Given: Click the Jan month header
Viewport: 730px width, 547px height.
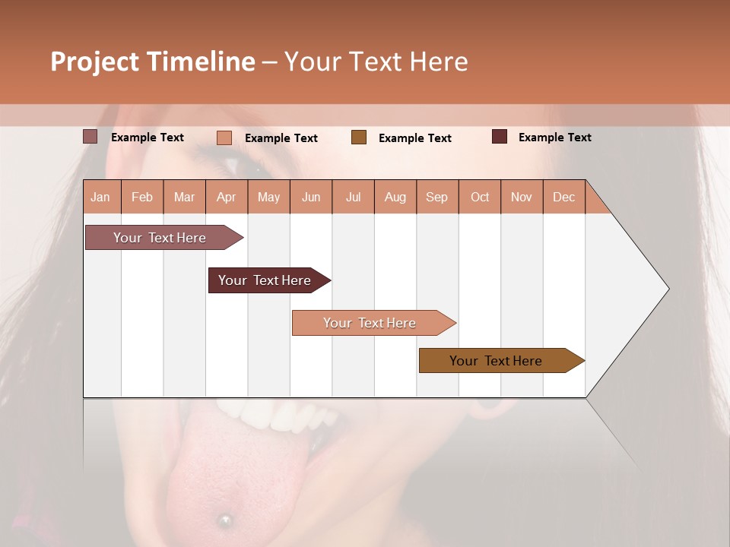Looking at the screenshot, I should tap(100, 197).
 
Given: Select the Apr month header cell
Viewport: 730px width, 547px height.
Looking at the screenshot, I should tap(226, 197).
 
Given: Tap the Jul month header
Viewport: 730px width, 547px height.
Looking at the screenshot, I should tap(353, 197).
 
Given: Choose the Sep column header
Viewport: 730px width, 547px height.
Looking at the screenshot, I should tap(436, 197).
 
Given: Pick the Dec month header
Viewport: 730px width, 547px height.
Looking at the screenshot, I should tap(563, 197).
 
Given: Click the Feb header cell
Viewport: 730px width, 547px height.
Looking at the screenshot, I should tap(142, 197).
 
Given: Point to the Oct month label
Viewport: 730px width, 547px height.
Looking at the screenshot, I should tap(480, 197).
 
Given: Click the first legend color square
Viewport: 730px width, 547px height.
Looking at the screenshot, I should tap(90, 137).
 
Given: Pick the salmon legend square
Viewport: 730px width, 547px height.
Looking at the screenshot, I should tap(224, 138).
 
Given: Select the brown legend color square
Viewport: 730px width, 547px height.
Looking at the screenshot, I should tap(359, 138).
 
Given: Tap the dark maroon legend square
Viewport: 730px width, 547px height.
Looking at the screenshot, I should tap(500, 137).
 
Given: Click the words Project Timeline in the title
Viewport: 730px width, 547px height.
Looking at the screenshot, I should tap(152, 62).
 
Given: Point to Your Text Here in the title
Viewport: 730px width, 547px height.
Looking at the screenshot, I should tap(376, 62).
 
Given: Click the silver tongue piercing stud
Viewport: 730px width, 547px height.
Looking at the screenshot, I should tap(224, 520).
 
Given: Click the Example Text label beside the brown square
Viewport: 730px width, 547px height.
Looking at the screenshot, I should tap(414, 138).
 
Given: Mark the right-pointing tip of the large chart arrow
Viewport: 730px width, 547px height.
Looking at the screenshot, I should tap(668, 288).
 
